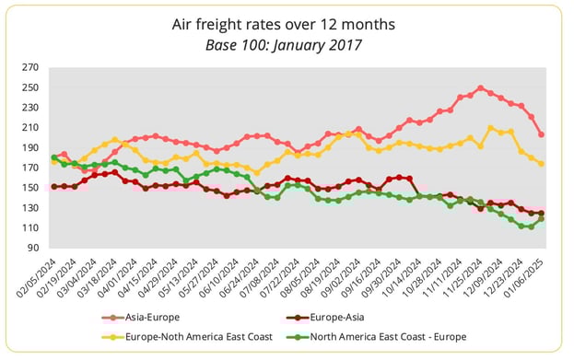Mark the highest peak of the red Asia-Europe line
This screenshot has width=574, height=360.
click(x=480, y=88)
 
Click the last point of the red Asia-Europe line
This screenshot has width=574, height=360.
click(x=541, y=134)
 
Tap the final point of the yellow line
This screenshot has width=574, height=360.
click(x=541, y=164)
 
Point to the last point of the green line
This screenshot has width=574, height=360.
click(x=541, y=218)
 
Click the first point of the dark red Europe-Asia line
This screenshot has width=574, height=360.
click(x=54, y=186)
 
